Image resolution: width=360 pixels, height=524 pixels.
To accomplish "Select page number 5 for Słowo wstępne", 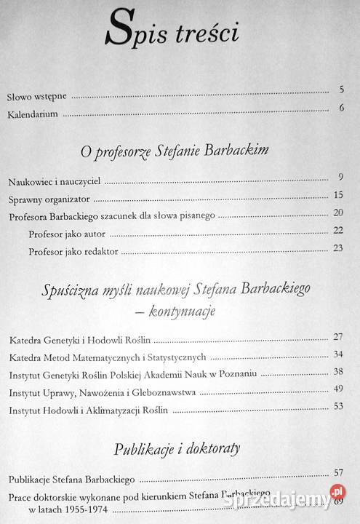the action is coord(340,90).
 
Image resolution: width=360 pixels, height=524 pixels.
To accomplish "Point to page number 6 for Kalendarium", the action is coord(340,109).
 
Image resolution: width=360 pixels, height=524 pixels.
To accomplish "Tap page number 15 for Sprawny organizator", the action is coord(337,195).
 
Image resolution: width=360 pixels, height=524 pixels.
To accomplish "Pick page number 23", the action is coord(337,247).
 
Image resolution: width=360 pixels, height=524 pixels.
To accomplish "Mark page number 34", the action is coord(337,354).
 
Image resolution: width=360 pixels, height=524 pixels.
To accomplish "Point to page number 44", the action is coord(337,389).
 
